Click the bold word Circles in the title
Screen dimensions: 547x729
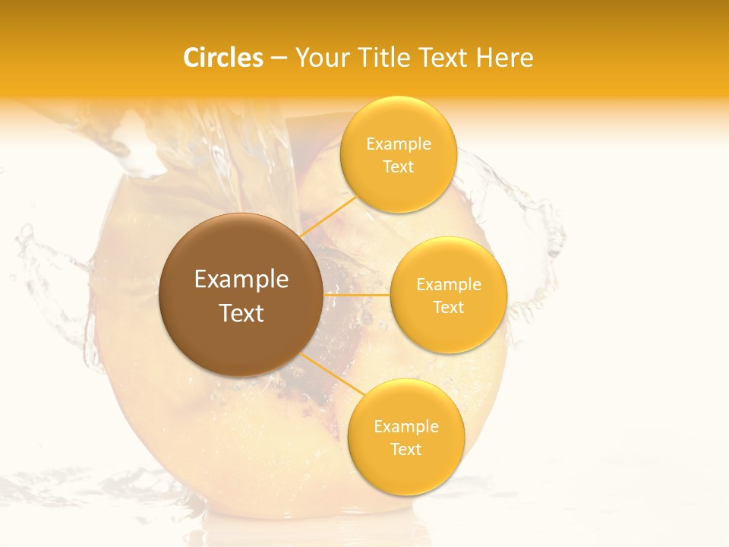click(222, 58)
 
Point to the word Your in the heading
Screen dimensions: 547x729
click(322, 58)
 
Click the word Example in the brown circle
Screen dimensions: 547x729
click(241, 280)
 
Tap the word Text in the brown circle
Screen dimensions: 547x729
click(241, 313)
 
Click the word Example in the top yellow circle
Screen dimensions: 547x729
click(399, 144)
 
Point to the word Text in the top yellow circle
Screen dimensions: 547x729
click(399, 166)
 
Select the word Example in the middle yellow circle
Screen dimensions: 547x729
click(449, 284)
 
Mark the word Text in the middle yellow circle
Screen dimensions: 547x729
click(449, 307)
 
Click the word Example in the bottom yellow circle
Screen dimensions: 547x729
click(406, 426)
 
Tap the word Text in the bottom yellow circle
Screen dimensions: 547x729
click(406, 449)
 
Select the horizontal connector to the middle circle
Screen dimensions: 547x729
click(356, 295)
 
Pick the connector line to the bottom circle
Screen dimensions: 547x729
click(330, 376)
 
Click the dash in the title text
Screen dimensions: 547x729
click(279, 58)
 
